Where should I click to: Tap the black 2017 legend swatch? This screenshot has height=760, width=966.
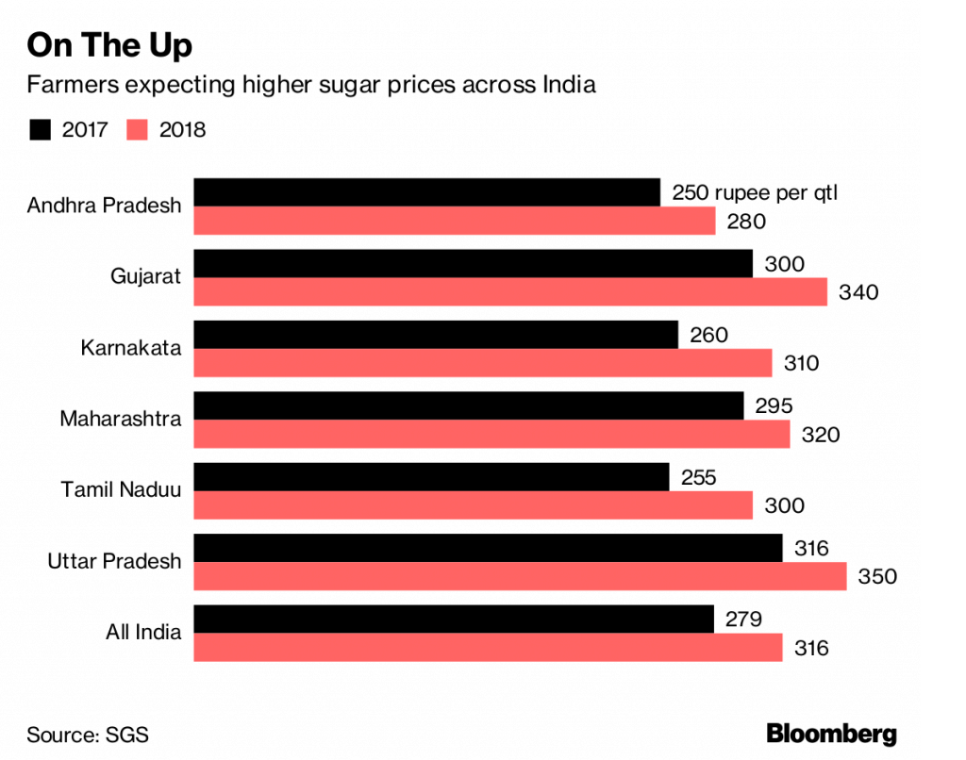[41, 129]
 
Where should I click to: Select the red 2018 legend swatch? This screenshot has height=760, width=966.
[138, 129]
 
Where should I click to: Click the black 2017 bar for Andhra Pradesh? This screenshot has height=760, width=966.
[426, 192]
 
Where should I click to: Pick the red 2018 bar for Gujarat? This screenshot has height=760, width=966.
[510, 291]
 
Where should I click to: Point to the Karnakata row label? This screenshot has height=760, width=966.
[130, 348]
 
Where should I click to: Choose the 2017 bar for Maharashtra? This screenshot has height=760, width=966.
[469, 405]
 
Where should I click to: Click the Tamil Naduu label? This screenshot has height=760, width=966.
[121, 489]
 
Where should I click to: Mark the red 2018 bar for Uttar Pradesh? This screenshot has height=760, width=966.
[520, 576]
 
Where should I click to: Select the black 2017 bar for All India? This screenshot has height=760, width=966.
[454, 619]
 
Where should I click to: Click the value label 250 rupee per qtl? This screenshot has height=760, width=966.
[755, 193]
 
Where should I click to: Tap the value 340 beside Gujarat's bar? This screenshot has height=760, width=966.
[858, 292]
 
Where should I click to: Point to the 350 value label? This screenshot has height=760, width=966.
[877, 576]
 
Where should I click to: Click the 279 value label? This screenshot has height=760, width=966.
[742, 619]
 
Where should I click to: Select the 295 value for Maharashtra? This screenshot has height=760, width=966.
[774, 406]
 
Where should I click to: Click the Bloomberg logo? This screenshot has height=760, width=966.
[831, 734]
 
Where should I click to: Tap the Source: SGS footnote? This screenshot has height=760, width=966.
[88, 734]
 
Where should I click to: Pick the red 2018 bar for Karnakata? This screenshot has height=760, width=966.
[483, 363]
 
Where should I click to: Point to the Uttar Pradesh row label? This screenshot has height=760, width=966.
[114, 561]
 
